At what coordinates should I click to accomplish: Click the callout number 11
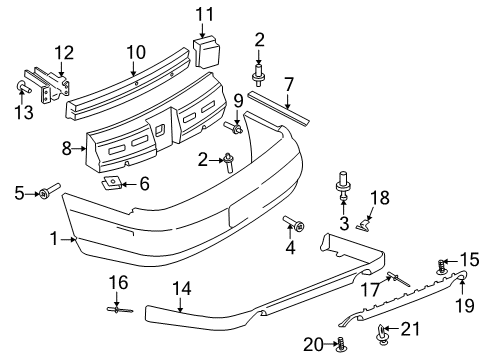click(205, 14)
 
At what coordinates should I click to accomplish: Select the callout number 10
click(134, 50)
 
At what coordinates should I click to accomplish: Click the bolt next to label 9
click(238, 129)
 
